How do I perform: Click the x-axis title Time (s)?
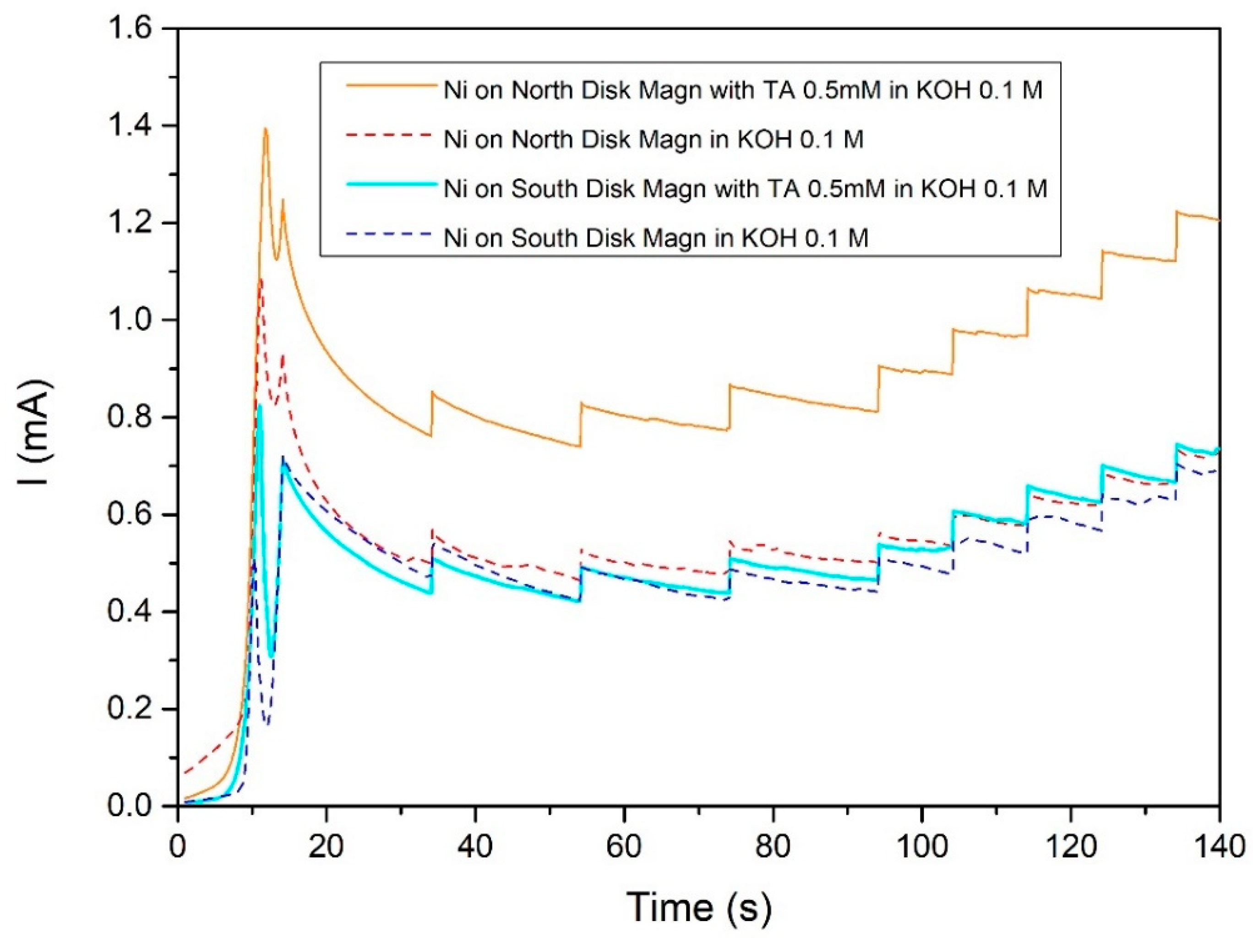(x=698, y=907)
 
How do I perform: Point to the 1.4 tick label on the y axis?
(x=130, y=126)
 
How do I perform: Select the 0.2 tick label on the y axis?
(x=130, y=709)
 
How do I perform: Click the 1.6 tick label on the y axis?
(x=130, y=28)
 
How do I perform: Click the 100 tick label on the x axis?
(x=921, y=848)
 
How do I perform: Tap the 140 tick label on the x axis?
(x=1218, y=848)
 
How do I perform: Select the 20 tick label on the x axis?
(x=327, y=848)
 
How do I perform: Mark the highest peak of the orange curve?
(x=265, y=129)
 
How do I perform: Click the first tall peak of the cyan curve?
(x=259, y=405)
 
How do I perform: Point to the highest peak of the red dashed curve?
(x=261, y=279)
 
